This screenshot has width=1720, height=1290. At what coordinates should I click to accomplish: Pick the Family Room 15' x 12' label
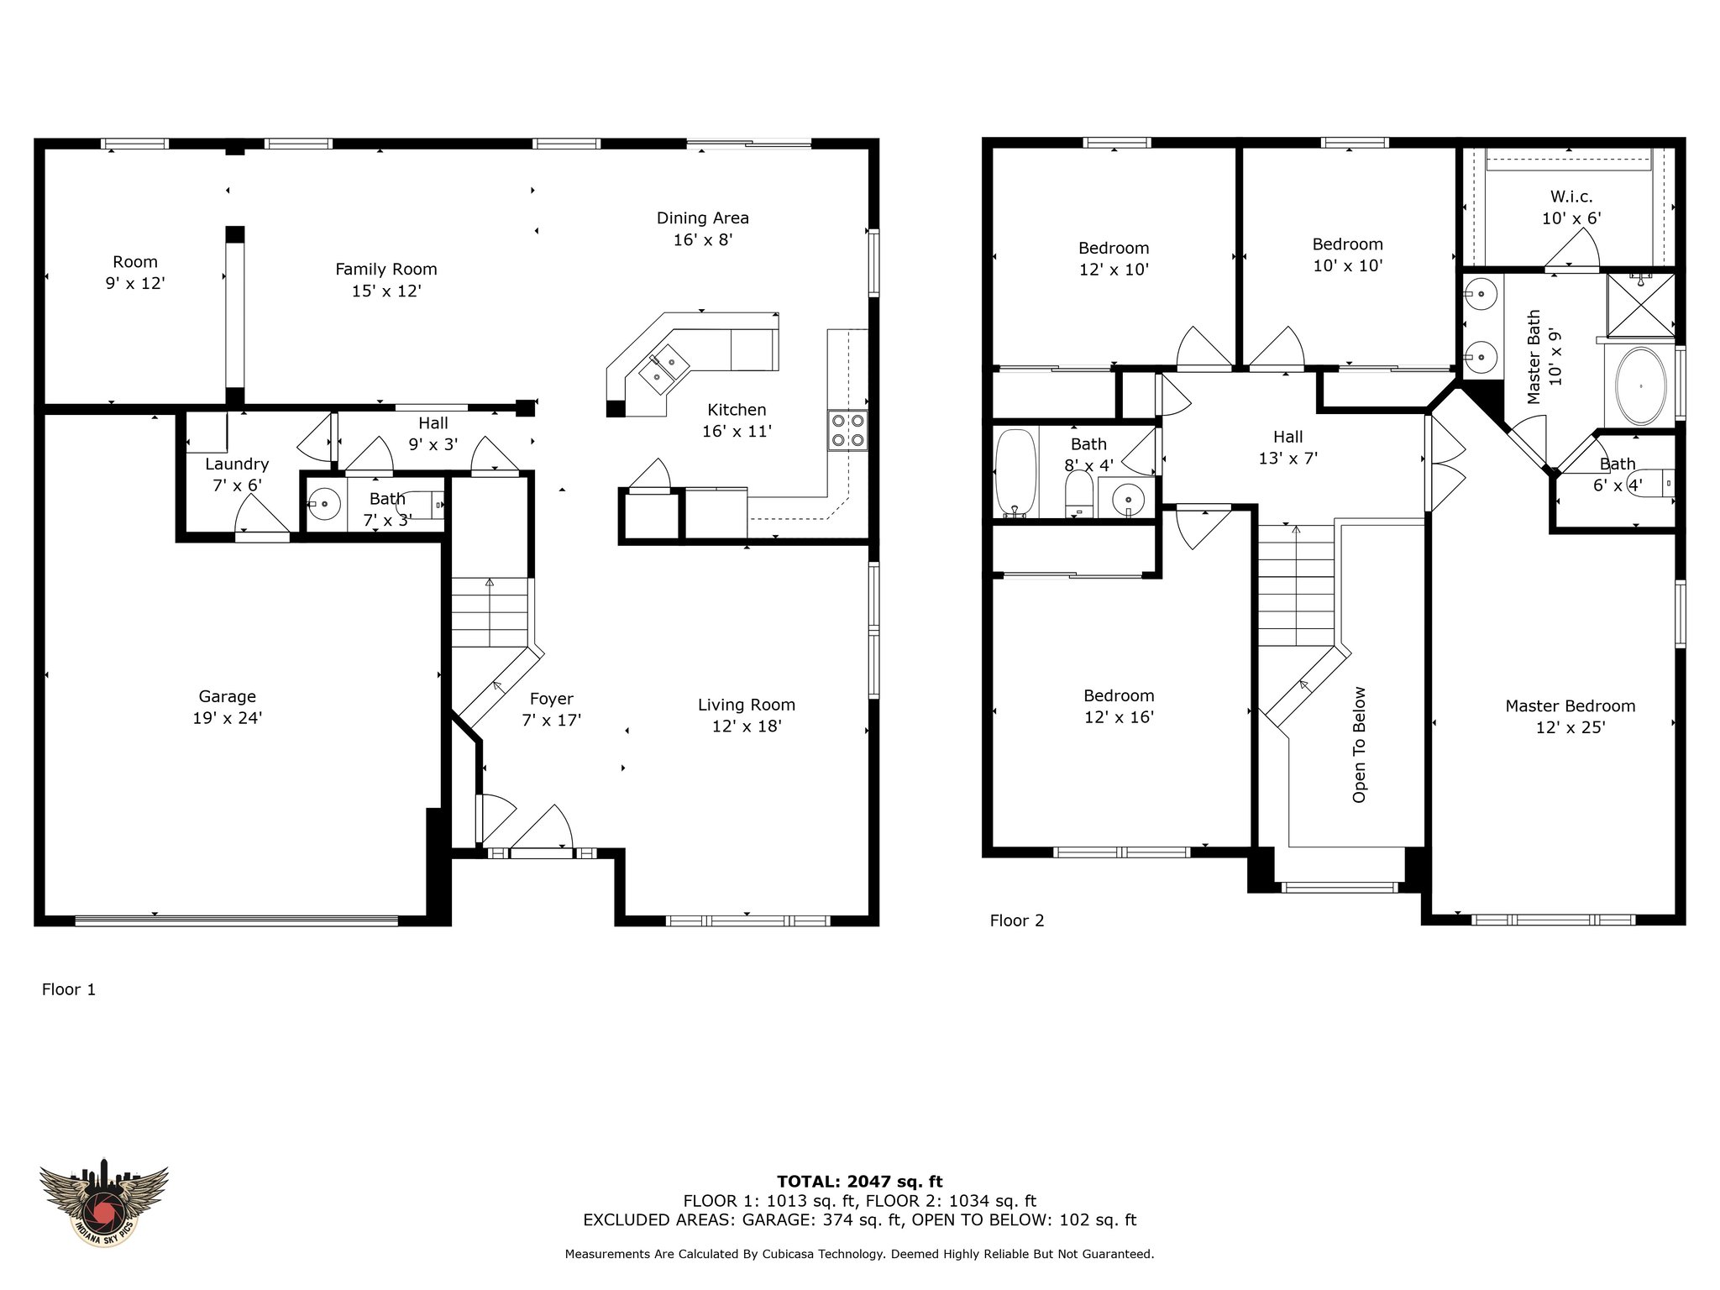386,280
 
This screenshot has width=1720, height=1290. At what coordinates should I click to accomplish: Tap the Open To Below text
1359,745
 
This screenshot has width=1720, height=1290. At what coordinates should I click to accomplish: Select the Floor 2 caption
1017,920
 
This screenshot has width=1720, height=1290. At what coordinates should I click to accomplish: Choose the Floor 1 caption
69,989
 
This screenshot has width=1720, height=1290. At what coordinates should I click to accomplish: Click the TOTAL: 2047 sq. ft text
859,1182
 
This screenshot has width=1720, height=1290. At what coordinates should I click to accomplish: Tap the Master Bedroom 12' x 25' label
1571,716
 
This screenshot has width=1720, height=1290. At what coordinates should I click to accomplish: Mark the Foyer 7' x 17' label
552,709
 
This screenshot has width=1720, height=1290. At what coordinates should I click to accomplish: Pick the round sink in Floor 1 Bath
323,505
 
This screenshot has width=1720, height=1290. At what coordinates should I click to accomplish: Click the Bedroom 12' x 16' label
1119,706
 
